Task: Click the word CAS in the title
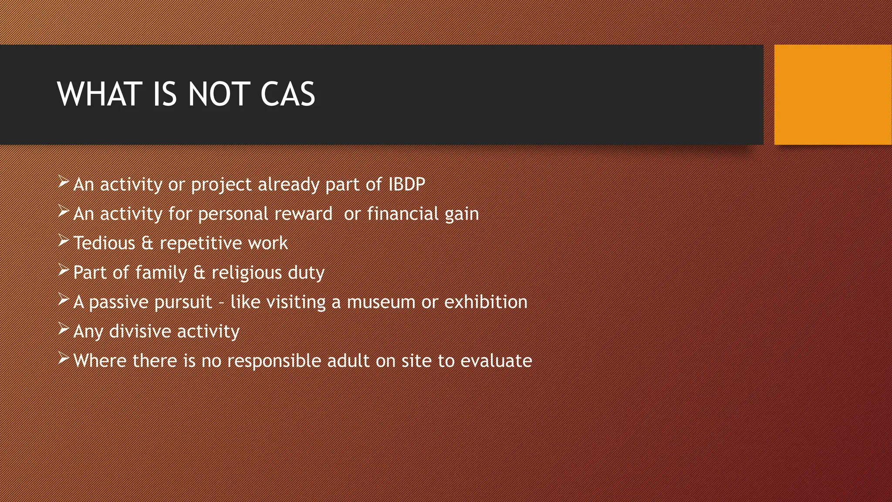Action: pyautogui.click(x=287, y=94)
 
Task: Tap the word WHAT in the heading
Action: pyautogui.click(x=100, y=94)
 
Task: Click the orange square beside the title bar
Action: pyautogui.click(x=833, y=94)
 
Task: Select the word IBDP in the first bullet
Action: pyautogui.click(x=406, y=184)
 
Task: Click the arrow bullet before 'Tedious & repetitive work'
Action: pyautogui.click(x=64, y=241)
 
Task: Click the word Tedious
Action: pyautogui.click(x=104, y=243)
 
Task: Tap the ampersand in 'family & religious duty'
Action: pyautogui.click(x=199, y=272)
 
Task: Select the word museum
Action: pyautogui.click(x=381, y=302)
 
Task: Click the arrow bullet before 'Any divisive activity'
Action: pyautogui.click(x=64, y=329)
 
